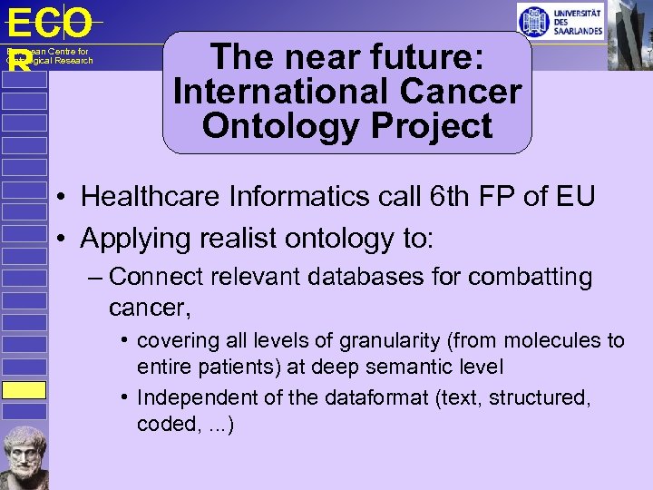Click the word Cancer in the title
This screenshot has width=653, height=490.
click(x=464, y=92)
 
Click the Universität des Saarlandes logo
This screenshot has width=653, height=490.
click(x=560, y=20)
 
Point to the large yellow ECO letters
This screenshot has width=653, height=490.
click(x=49, y=22)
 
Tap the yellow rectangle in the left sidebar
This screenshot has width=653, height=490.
click(x=23, y=390)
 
